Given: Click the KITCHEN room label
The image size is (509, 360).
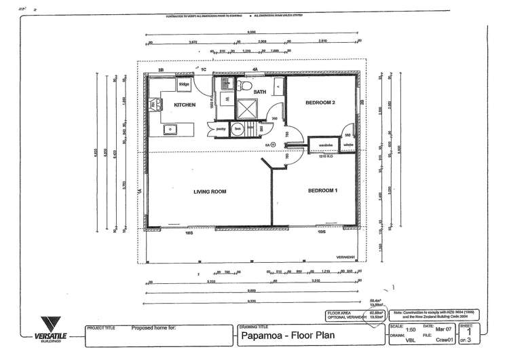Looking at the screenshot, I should click(185, 105).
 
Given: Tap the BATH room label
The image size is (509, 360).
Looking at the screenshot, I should click(259, 92).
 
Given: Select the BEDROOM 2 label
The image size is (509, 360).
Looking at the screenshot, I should click(321, 103).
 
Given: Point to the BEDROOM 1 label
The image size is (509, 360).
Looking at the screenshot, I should click(322, 191).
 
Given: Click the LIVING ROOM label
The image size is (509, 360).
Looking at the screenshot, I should click(209, 192).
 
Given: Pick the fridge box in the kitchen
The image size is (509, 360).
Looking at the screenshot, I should click(184, 84).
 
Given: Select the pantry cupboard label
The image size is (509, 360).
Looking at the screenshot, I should click(221, 128).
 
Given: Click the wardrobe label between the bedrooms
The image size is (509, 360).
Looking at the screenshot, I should click(326, 145).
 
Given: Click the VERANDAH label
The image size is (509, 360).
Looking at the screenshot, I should click(345, 257).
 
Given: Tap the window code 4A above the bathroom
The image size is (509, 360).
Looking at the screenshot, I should click(255, 69).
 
